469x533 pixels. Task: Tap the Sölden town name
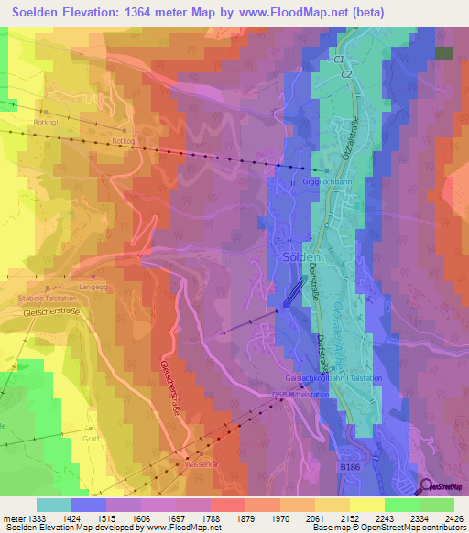pos(300,257)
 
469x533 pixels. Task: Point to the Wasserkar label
pos(203,463)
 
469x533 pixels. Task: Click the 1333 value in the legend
pos(36,519)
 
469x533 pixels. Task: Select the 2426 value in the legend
pos(453,519)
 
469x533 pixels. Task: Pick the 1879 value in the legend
pos(245,519)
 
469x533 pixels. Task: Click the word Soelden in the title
pos(46,12)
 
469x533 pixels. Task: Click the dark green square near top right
pos(444,53)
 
